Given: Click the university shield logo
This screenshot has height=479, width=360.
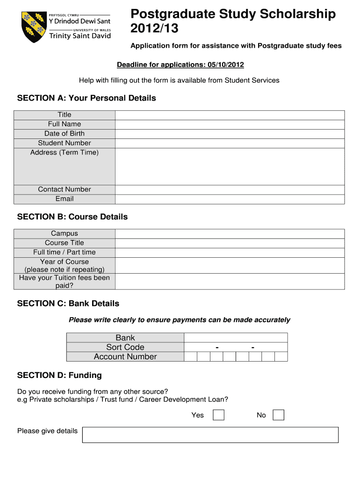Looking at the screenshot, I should [x=34, y=27].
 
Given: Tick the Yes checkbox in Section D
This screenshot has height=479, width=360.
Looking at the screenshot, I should [x=218, y=415].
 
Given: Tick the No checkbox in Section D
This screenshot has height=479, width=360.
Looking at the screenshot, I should [x=278, y=415].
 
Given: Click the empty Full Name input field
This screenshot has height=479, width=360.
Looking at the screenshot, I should [x=230, y=124].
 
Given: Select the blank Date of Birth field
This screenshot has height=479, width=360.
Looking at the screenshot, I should [x=230, y=134].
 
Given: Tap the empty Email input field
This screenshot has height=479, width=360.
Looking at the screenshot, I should [x=230, y=199].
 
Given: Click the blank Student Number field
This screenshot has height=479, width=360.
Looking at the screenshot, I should [x=230, y=143].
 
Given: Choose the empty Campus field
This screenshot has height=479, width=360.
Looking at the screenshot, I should [x=230, y=234].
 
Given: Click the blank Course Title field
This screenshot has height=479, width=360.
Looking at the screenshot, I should [x=230, y=243].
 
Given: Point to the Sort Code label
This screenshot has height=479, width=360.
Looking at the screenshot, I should [x=125, y=347].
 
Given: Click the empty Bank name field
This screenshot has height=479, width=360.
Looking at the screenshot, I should [x=236, y=338].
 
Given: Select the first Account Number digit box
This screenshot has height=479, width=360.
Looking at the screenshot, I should [x=191, y=357].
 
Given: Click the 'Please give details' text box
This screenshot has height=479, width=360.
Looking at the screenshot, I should [x=210, y=435].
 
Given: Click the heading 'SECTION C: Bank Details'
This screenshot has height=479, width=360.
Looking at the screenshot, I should [x=68, y=304].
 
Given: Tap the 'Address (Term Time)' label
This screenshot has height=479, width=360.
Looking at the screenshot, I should [x=65, y=152].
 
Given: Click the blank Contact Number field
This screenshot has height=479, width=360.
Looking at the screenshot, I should [x=230, y=189].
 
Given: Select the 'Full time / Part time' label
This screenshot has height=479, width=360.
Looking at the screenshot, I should [x=65, y=252].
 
